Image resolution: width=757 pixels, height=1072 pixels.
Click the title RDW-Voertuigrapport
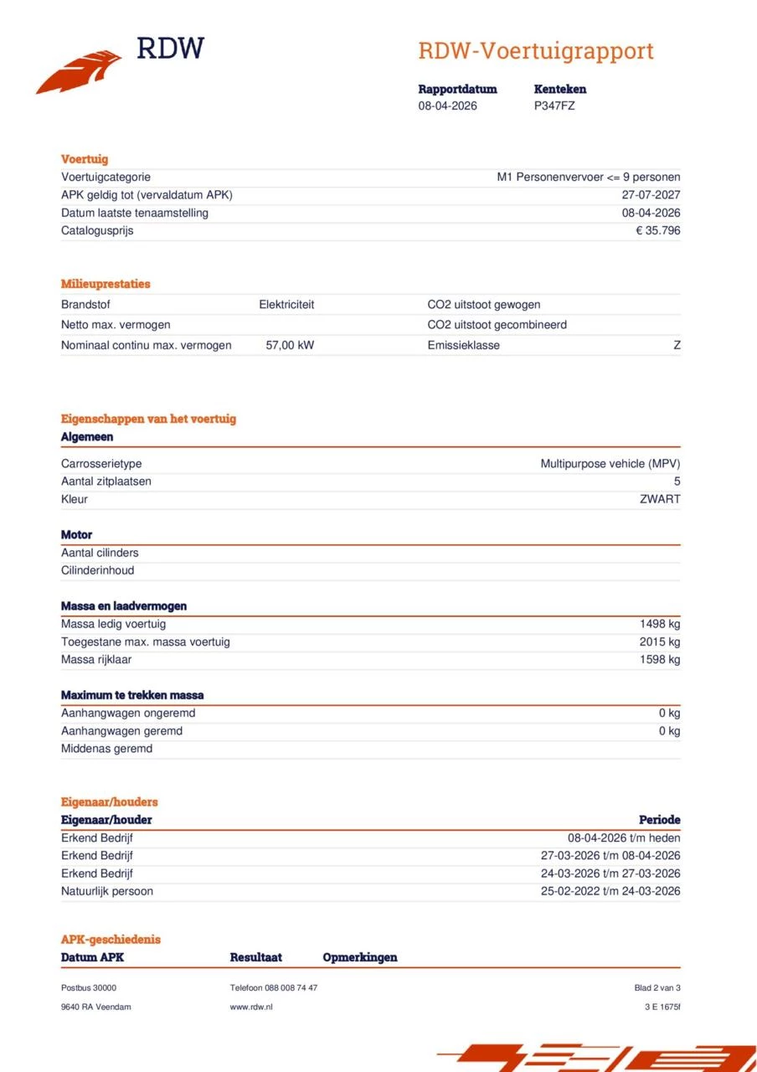[x=535, y=51]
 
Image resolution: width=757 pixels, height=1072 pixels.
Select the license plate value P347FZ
[x=554, y=106]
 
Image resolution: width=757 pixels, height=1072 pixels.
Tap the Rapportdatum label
[x=457, y=89]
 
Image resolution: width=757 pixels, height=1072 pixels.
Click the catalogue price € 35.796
[x=657, y=230]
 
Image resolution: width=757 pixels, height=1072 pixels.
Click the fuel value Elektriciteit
[x=286, y=305]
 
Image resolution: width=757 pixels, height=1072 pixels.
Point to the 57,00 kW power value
[x=290, y=345]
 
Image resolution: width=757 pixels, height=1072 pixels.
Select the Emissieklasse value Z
[x=677, y=345]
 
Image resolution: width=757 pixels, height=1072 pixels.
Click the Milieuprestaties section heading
[x=106, y=284]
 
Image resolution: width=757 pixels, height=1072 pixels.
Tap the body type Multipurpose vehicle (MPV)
[x=610, y=463]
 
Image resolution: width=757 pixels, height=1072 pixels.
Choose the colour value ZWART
[x=660, y=499]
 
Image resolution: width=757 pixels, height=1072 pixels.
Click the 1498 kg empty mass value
[x=660, y=624]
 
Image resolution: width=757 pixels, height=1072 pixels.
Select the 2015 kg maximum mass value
[x=660, y=642]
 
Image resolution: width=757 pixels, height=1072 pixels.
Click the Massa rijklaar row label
[x=96, y=659]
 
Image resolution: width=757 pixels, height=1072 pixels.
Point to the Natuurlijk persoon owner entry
[x=107, y=891]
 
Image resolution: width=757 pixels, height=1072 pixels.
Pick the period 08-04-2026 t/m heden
[x=624, y=837]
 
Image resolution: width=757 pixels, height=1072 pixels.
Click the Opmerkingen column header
[x=360, y=957]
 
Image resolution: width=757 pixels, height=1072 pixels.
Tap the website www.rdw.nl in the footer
[x=251, y=1007]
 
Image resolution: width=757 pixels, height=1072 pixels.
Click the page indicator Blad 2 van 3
[x=657, y=988]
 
